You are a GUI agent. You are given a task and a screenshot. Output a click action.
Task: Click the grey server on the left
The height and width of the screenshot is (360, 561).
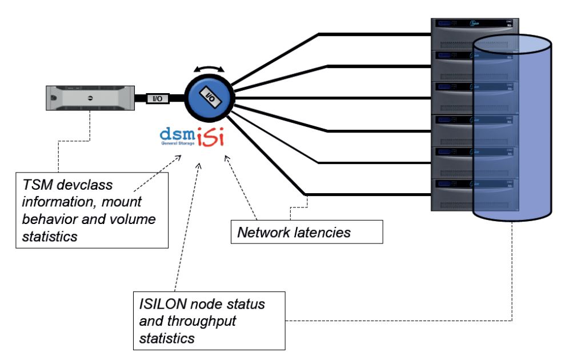(x=90, y=98)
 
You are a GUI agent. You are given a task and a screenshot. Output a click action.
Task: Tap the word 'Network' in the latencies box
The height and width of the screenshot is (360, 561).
(x=265, y=233)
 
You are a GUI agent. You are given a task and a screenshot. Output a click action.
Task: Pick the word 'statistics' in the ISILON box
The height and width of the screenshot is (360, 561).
(x=167, y=338)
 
